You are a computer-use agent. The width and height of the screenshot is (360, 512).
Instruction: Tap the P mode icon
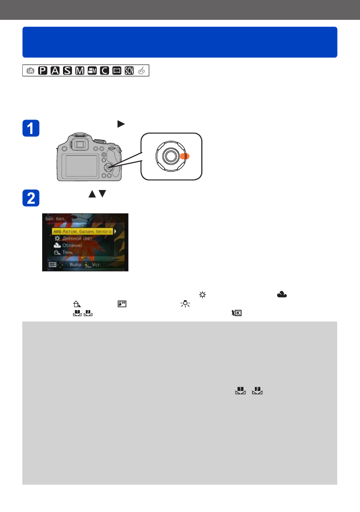click(x=43, y=71)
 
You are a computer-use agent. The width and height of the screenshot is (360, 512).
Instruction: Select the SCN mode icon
click(x=129, y=71)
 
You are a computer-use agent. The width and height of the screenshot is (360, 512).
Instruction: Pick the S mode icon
click(x=67, y=71)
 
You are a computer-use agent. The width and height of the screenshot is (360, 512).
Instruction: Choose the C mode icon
click(x=104, y=71)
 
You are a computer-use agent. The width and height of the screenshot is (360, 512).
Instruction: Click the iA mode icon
click(x=30, y=71)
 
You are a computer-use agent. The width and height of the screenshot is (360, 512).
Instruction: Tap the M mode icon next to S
click(x=79, y=71)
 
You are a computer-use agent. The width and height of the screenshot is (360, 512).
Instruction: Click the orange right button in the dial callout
click(x=184, y=156)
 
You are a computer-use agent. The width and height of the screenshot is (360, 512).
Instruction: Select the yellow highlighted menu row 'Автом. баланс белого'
click(x=83, y=231)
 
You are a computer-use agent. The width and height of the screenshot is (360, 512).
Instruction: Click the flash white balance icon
click(x=120, y=304)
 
